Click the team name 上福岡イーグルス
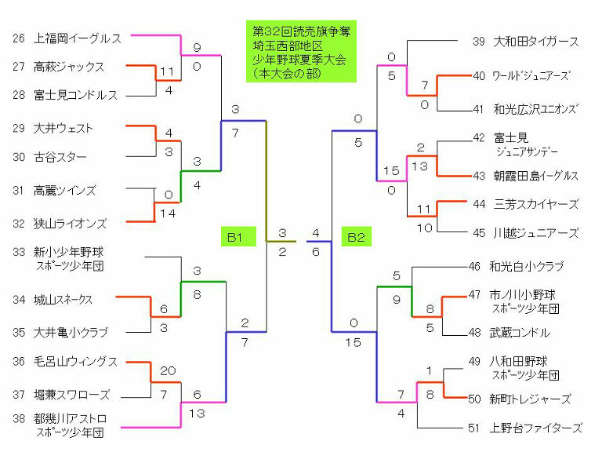pyautogui.click(x=78, y=38)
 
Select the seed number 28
pyautogui.click(x=19, y=95)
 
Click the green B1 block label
pyautogui.click(x=234, y=235)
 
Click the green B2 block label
pyautogui.click(x=355, y=235)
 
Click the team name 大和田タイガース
pyautogui.click(x=536, y=42)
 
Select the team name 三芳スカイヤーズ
pyautogui.click(x=536, y=204)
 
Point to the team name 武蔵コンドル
pyautogui.click(x=520, y=333)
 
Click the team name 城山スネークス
pyautogui.click(x=63, y=300)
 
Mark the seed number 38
pyautogui.click(x=19, y=418)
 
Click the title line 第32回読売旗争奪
pyautogui.click(x=301, y=31)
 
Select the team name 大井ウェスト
pyautogui.click(x=63, y=127)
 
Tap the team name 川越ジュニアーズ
pyautogui.click(x=536, y=233)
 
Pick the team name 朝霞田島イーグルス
pyautogui.click(x=536, y=175)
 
